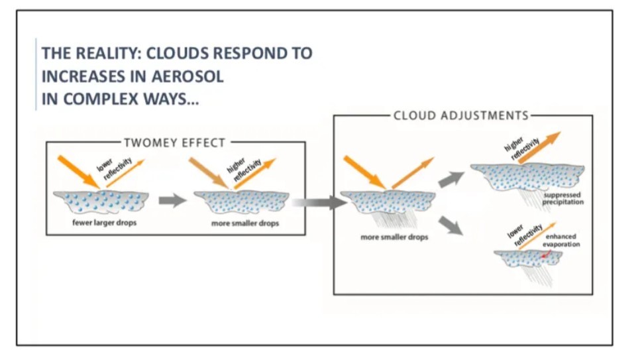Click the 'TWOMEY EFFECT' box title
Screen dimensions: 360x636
174,142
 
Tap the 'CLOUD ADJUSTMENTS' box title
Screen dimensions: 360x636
461,115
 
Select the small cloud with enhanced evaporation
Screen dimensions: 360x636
527,259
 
